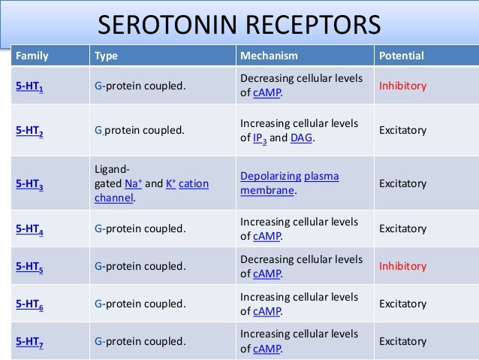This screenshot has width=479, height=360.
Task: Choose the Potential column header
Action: click(402, 56)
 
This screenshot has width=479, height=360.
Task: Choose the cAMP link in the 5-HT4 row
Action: click(267, 237)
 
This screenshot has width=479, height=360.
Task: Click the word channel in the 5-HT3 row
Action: click(113, 198)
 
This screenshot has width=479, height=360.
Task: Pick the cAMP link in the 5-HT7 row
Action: click(267, 349)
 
